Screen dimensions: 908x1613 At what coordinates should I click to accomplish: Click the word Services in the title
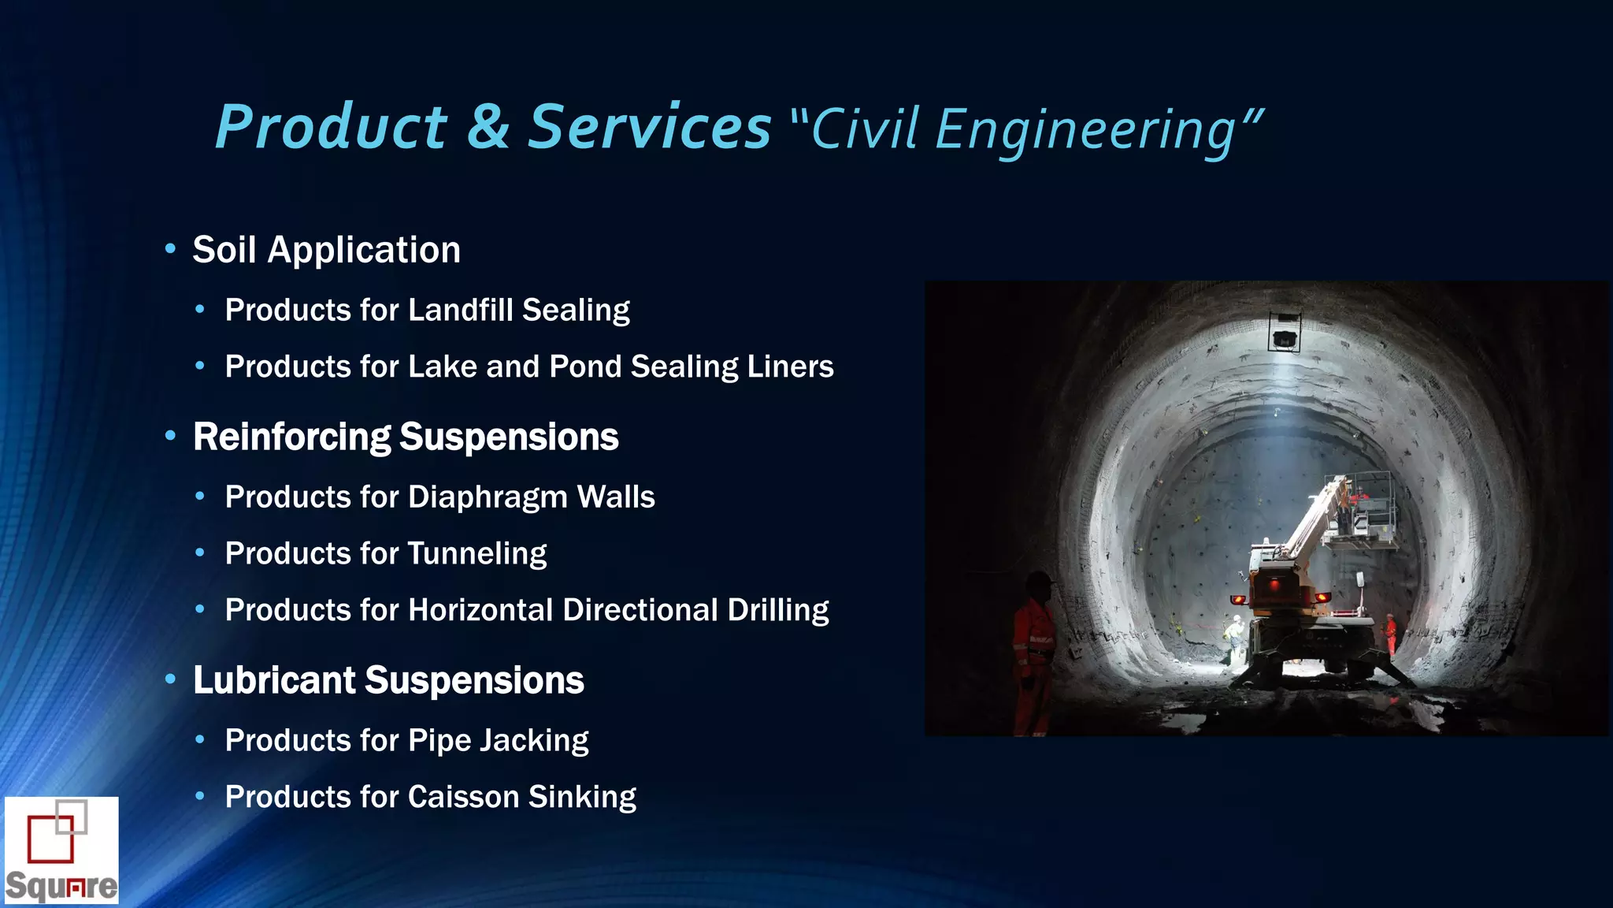649,128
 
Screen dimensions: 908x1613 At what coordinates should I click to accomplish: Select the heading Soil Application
326,251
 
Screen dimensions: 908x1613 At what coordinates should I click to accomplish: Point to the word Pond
584,367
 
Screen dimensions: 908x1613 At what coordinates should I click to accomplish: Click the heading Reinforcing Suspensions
406,437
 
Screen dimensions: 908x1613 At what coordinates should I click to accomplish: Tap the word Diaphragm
488,498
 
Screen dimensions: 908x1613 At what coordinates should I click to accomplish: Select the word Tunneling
476,554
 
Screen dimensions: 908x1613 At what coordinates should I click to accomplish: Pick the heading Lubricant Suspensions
388,681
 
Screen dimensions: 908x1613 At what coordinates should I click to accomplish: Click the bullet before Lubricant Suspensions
170,679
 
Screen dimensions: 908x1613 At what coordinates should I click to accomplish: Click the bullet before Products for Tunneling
200,553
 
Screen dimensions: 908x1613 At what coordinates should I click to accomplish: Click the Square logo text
61,886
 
